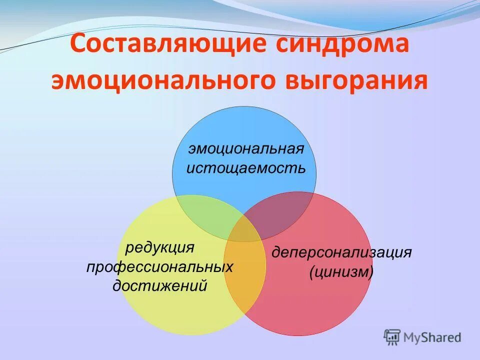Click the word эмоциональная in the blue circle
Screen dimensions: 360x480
246,148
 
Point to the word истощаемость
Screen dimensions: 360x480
245,167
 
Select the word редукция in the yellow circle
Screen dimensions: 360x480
159,247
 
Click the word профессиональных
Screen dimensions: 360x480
159,266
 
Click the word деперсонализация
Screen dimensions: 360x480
341,252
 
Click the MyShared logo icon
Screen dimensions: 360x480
392,337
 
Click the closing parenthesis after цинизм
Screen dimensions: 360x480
370,272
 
